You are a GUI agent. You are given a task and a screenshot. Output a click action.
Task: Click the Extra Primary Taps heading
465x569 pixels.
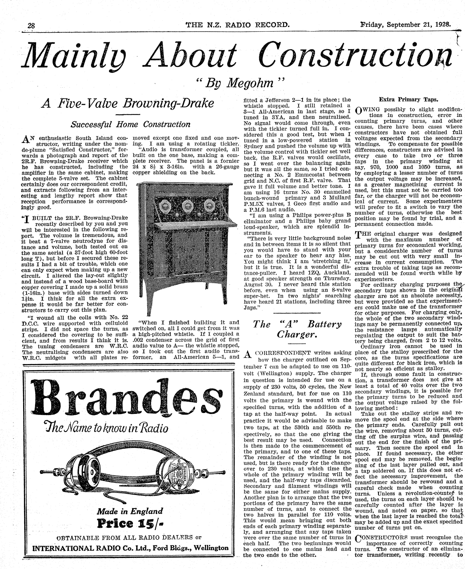click(408, 100)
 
